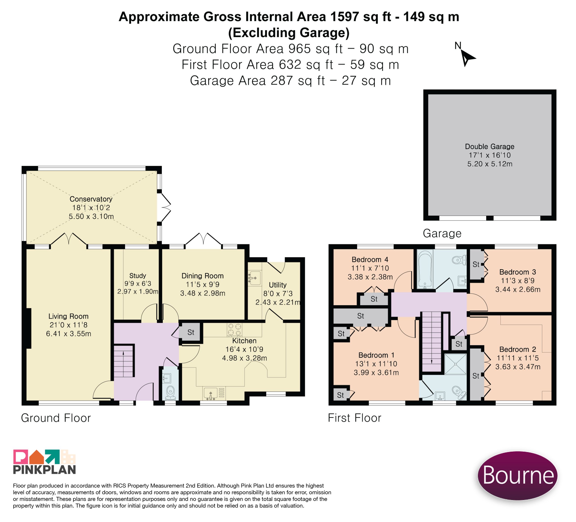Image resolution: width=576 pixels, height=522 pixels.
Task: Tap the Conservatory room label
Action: [91, 199]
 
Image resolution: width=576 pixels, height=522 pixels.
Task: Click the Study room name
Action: [138, 276]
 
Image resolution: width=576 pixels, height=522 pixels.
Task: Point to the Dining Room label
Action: [202, 276]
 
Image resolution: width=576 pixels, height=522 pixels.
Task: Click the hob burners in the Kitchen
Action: [235, 329]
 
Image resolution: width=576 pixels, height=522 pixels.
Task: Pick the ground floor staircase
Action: [124, 361]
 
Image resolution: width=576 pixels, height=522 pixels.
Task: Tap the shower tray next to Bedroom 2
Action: [455, 364]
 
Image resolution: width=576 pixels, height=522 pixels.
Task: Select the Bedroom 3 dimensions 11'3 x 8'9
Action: [518, 281]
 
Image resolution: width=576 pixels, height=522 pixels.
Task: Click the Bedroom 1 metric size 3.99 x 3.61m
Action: [376, 372]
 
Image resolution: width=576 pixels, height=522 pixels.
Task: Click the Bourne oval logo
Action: [517, 475]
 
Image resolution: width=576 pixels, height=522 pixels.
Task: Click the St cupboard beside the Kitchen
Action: [191, 332]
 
